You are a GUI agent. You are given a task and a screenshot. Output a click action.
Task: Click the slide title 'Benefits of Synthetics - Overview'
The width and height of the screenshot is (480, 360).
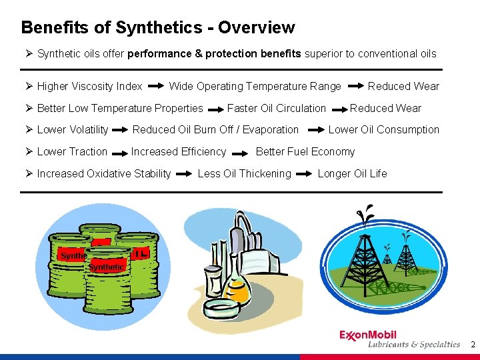point(157,27)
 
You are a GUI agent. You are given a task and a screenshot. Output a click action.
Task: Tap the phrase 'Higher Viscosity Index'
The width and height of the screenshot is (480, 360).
point(89,86)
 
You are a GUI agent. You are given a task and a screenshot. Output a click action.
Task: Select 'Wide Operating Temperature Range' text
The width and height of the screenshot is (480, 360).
point(255,86)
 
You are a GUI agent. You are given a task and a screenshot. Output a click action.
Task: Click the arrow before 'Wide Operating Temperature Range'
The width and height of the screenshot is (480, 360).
point(156,87)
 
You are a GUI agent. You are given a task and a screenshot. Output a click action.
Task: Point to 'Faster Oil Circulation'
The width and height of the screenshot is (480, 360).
point(277,108)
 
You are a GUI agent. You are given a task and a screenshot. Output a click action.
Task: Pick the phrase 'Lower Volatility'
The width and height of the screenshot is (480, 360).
point(73,129)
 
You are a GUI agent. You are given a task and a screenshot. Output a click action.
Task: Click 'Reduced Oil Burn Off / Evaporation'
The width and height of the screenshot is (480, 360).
point(215,129)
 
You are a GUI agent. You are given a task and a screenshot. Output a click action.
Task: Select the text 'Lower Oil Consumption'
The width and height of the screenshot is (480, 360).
point(384,129)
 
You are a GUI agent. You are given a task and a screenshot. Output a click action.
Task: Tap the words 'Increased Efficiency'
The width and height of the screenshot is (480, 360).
point(179,151)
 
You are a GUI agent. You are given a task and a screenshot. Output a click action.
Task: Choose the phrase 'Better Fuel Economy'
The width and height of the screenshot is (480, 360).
point(305,151)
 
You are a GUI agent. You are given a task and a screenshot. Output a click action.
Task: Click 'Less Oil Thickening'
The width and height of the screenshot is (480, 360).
point(245,173)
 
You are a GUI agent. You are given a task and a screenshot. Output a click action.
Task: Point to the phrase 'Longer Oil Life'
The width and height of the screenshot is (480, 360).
point(352,173)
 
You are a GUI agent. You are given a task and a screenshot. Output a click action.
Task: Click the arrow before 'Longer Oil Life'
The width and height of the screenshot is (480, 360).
point(304,174)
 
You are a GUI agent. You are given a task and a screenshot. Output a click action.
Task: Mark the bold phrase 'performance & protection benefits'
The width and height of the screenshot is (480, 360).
point(214,53)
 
